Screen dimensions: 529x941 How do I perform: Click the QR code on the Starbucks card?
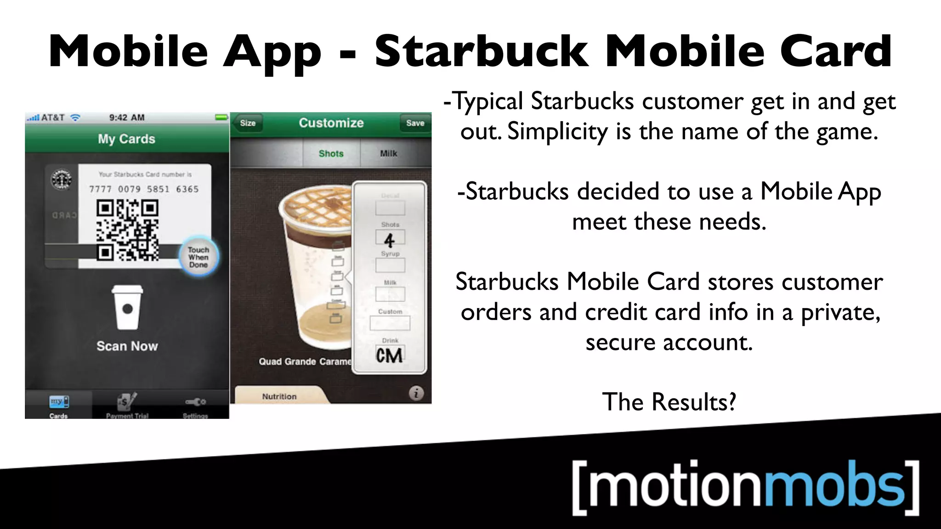(x=127, y=231)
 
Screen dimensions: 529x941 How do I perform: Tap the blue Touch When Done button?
(x=198, y=257)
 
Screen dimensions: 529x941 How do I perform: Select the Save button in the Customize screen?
(x=415, y=123)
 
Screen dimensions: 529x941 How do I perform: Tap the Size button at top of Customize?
(x=248, y=123)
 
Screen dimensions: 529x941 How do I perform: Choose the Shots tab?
(x=331, y=153)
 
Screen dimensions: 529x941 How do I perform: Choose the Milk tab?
(x=388, y=153)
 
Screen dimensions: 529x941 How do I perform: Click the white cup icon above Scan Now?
(x=127, y=307)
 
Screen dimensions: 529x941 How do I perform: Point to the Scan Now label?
(x=127, y=346)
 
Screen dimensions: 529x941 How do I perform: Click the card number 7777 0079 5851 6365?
(x=144, y=189)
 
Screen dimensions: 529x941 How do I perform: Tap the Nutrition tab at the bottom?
(x=279, y=396)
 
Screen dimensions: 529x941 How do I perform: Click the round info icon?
(x=416, y=394)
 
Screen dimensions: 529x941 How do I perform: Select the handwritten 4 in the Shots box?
(x=390, y=239)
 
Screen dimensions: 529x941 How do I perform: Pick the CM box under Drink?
(x=390, y=355)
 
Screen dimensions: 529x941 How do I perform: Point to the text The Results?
(x=669, y=402)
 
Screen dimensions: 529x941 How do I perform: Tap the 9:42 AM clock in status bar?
(x=127, y=118)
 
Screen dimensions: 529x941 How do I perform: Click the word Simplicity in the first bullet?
(x=557, y=132)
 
